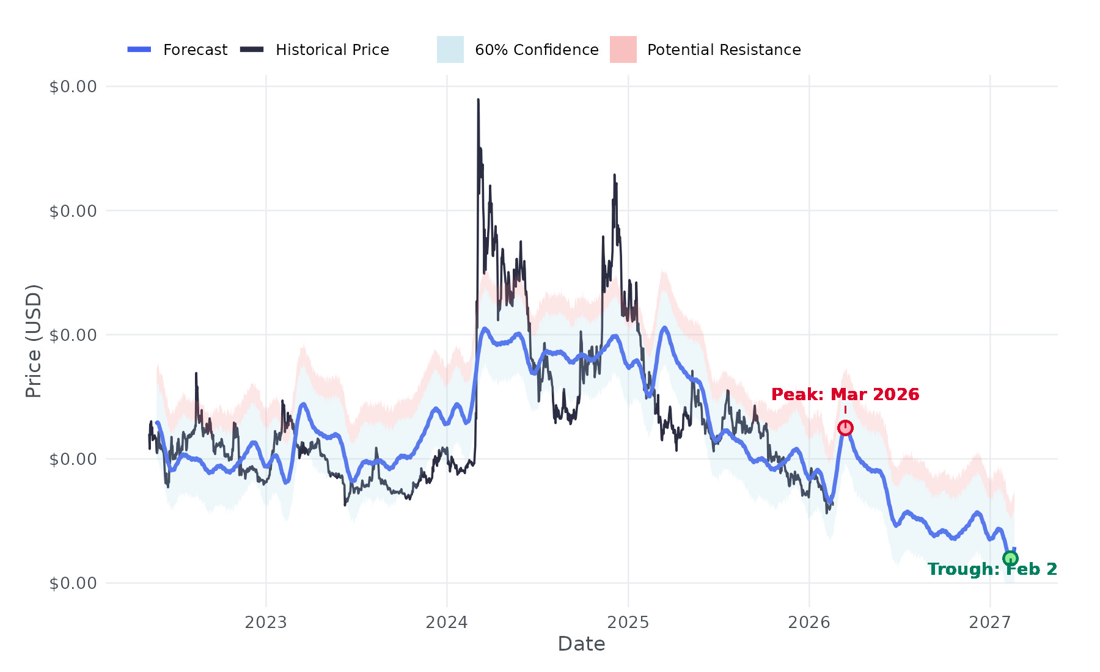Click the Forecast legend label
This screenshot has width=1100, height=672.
click(x=195, y=49)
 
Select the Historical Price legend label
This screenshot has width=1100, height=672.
click(x=332, y=49)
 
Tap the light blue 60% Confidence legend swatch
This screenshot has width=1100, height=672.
click(x=450, y=49)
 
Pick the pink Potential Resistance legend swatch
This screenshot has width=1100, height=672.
click(x=623, y=49)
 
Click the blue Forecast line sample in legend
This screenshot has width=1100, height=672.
click(x=139, y=49)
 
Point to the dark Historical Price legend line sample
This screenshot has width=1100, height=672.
click(x=252, y=49)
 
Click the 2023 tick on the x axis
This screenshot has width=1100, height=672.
click(x=266, y=623)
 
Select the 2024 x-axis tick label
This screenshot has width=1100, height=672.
click(x=447, y=623)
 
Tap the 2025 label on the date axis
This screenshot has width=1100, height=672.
click(x=628, y=623)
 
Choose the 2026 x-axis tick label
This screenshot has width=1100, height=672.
click(x=809, y=623)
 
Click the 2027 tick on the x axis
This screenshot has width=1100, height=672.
click(x=990, y=623)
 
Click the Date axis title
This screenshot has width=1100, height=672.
click(x=581, y=644)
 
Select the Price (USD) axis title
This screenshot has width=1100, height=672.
click(x=34, y=341)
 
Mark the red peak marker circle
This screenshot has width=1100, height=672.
click(x=845, y=428)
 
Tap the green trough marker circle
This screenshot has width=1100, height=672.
click(x=1010, y=558)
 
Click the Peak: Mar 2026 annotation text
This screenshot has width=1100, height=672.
click(x=845, y=395)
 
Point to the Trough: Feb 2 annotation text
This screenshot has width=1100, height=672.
click(x=992, y=569)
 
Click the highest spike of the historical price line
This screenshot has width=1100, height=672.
click(x=478, y=100)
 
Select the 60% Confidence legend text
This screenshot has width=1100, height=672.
click(x=537, y=49)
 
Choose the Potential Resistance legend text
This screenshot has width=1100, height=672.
click(x=724, y=49)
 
